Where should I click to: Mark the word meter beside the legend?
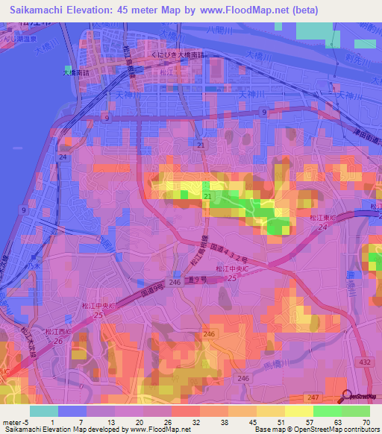pos(10,421)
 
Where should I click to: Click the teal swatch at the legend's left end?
pos(43,411)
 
